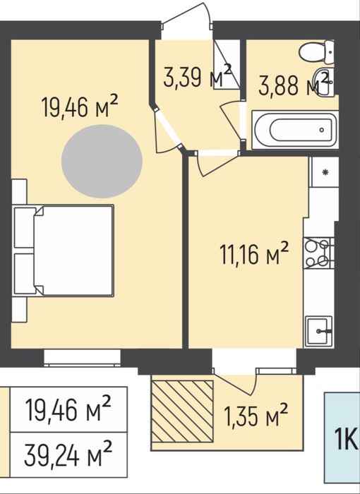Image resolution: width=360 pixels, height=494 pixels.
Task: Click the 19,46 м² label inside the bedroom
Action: pyautogui.click(x=80, y=106)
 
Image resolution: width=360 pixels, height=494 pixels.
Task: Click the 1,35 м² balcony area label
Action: pyautogui.click(x=256, y=415)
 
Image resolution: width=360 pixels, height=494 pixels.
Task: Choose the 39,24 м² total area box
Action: pyautogui.click(x=68, y=454)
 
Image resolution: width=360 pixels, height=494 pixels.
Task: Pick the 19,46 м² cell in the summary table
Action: pyautogui.click(x=68, y=409)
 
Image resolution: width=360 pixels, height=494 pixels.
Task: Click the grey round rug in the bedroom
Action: pyautogui.click(x=102, y=162)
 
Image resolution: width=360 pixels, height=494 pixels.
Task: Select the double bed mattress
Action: pyautogui.click(x=74, y=251)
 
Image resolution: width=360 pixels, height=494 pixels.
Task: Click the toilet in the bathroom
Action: pyautogui.click(x=317, y=52)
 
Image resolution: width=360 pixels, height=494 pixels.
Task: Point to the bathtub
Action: pyautogui.click(x=295, y=130)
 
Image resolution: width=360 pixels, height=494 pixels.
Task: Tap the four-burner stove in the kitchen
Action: pyautogui.click(x=318, y=253)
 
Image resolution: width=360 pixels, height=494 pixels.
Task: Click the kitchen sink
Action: pyautogui.click(x=318, y=331)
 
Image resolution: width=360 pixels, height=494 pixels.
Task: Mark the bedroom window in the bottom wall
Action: pyautogui.click(x=83, y=358)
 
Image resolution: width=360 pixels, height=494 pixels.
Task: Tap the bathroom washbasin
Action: pyautogui.click(x=324, y=82)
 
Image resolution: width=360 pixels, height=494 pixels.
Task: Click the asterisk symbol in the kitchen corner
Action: pyautogui.click(x=325, y=171)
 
